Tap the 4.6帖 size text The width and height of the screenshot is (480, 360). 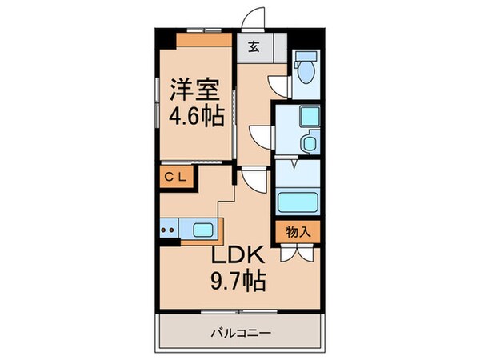click(194, 116)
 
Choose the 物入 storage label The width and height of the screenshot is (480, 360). click(298, 231)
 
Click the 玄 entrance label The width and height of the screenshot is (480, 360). click(253, 46)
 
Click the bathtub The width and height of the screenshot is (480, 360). click(298, 201)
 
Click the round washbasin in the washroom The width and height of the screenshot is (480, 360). click(309, 142)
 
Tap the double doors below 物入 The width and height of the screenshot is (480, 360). click(298, 254)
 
